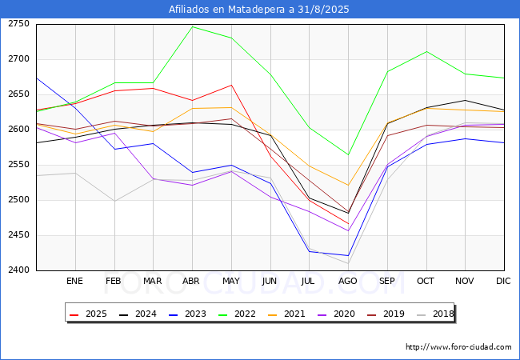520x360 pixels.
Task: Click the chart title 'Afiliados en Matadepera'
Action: tap(259, 10)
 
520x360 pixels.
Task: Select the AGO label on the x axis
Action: tap(348, 282)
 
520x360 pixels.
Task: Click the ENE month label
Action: tap(74, 282)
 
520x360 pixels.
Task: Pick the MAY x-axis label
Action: tap(230, 282)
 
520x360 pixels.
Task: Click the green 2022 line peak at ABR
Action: tap(192, 26)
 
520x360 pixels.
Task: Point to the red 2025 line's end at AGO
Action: tap(348, 224)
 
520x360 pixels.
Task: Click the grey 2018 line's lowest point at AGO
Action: tap(348, 263)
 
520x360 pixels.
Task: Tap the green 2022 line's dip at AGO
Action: tap(348, 154)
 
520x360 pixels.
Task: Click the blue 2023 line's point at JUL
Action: tap(309, 251)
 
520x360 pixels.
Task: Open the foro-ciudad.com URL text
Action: tap(458, 347)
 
